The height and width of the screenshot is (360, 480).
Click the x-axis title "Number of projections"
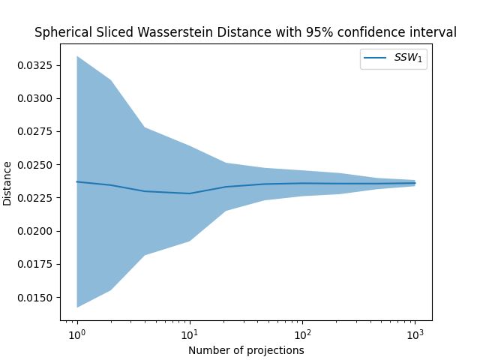(x=246, y=349)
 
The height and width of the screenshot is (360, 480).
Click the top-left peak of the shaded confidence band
(x=77, y=57)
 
